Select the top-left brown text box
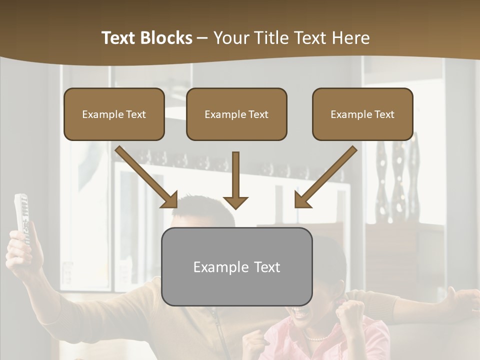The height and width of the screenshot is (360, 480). [x=114, y=114]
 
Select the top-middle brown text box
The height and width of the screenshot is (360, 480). [x=236, y=114]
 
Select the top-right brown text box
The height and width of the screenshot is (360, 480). [x=362, y=114]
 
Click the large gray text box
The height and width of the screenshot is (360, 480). [x=236, y=266]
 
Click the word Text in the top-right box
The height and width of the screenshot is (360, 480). [x=384, y=114]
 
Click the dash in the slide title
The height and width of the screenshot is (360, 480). [x=202, y=38]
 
